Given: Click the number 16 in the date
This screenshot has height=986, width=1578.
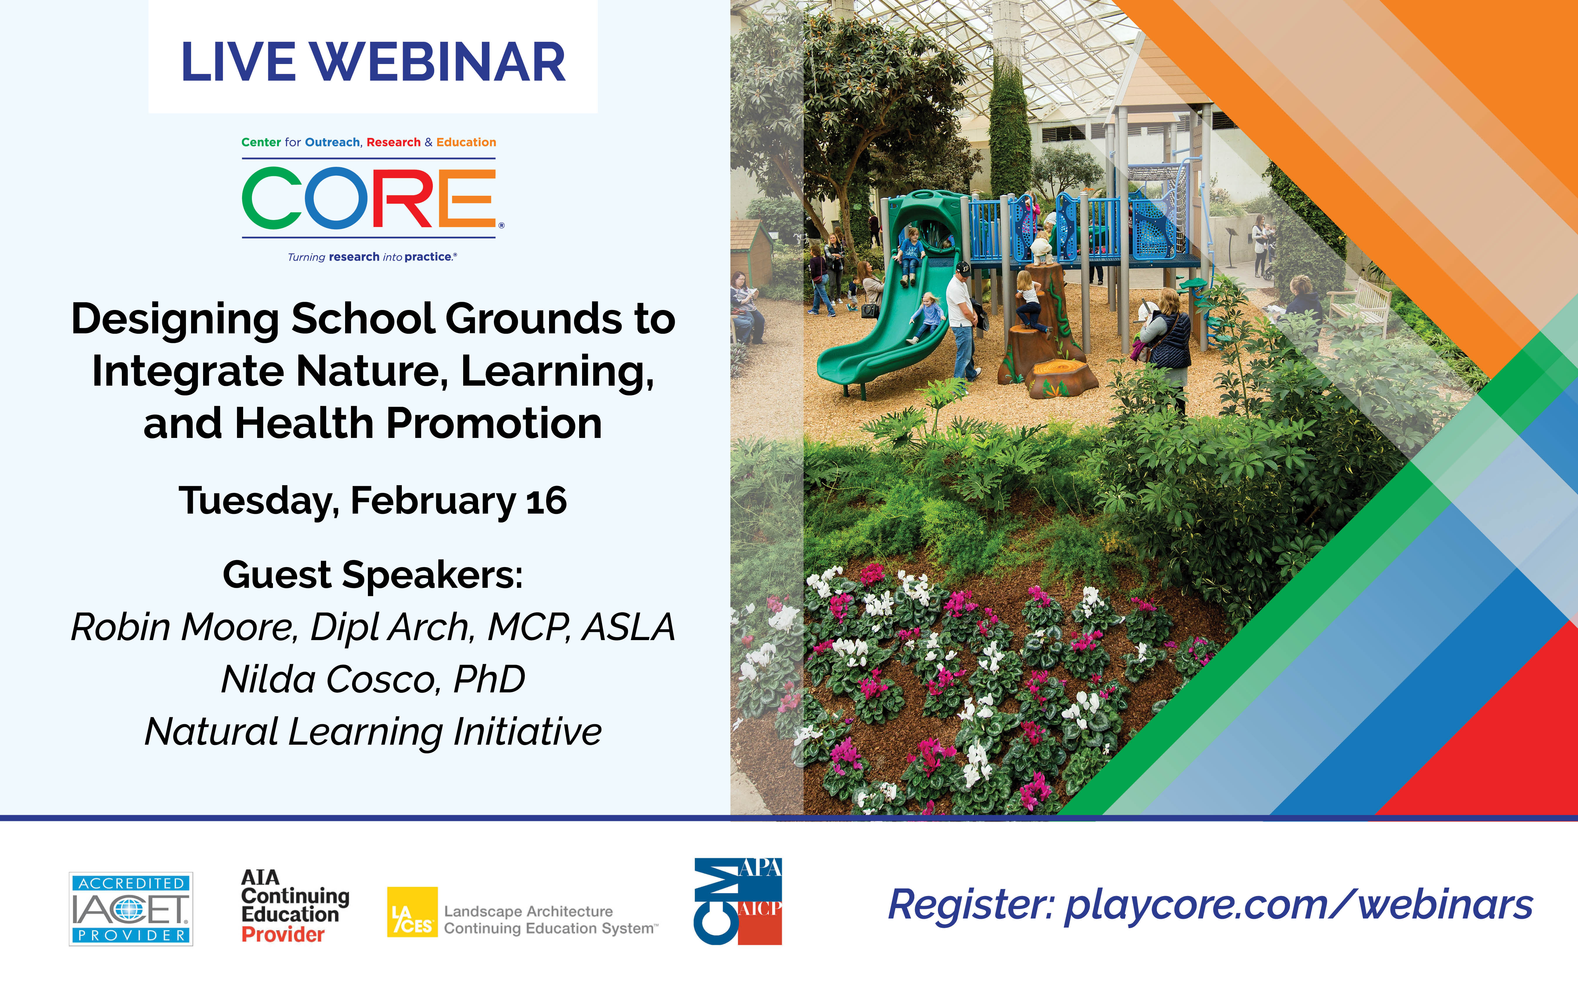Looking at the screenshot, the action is point(546,501).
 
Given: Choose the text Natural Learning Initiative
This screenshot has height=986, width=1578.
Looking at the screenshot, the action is point(373,732).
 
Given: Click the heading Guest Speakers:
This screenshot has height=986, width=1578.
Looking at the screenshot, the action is point(373,575).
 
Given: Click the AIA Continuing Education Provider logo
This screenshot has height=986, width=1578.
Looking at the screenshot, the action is point(295,906).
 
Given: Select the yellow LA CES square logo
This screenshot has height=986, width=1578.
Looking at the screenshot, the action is point(412,912).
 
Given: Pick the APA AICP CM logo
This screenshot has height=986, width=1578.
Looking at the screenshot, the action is point(738,901).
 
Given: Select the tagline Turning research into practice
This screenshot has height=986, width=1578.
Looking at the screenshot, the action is point(372,257).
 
